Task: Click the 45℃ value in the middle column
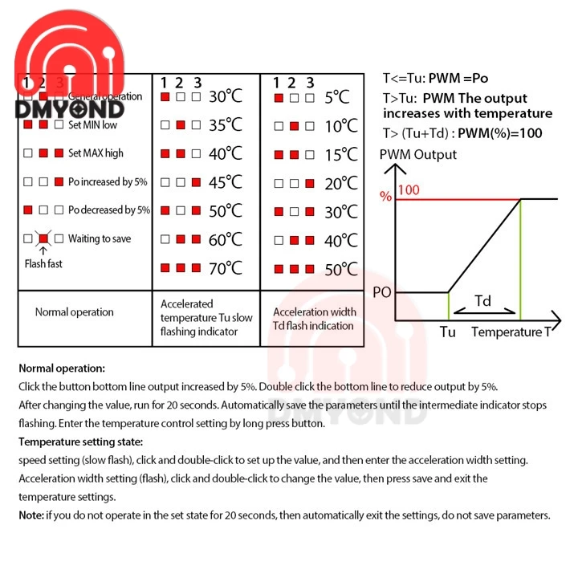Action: (x=226, y=182)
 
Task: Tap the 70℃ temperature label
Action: (x=226, y=268)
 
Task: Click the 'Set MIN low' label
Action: (x=92, y=125)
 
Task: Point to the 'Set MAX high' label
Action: (x=96, y=153)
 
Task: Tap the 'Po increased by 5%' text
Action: (x=108, y=182)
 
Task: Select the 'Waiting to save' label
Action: (x=100, y=238)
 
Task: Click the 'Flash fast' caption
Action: (x=43, y=263)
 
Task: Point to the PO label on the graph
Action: (x=382, y=293)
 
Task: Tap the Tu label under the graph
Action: (x=448, y=332)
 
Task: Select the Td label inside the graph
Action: (x=483, y=301)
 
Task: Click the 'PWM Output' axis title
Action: (x=418, y=155)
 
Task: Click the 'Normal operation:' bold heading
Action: (x=62, y=368)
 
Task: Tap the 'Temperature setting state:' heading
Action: (x=81, y=442)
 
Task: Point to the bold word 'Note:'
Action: (x=31, y=515)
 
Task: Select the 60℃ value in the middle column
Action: (x=226, y=239)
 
